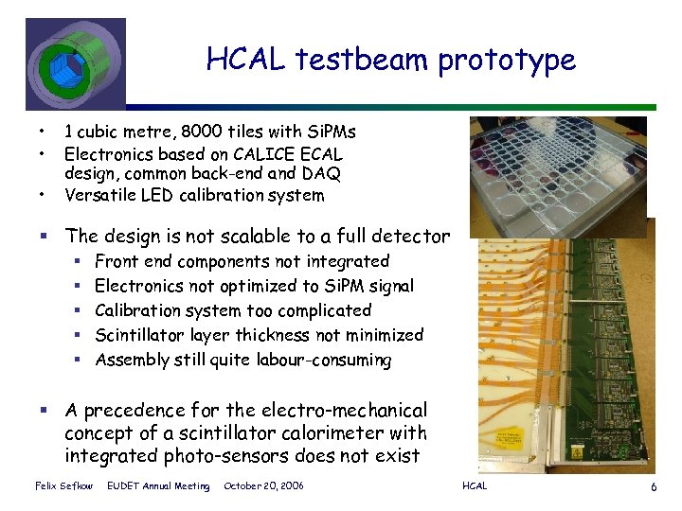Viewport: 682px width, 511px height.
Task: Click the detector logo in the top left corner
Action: (x=74, y=63)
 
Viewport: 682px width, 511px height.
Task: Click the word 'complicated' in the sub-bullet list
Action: (x=321, y=310)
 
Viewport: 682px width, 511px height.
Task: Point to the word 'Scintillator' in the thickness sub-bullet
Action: (x=143, y=335)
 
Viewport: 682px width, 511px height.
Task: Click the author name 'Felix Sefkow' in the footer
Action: (x=63, y=486)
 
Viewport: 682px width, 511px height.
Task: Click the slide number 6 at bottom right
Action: (x=654, y=486)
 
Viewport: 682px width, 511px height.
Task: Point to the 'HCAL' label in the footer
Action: (x=475, y=486)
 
